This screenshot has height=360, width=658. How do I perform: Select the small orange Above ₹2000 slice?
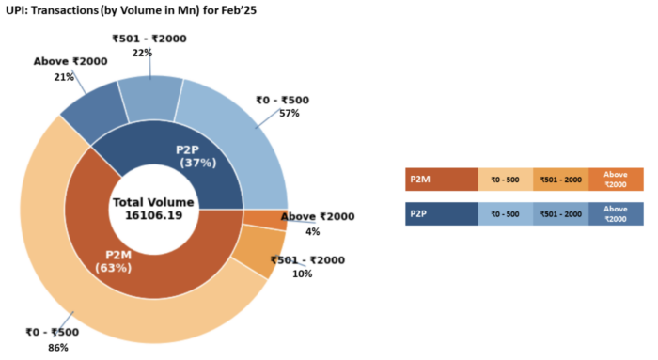coord(265,221)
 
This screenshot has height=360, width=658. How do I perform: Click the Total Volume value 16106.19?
coord(152,216)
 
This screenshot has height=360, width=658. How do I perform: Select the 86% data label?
coord(57,348)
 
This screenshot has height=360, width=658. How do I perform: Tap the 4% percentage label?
coord(313,231)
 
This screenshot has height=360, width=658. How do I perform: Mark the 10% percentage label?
coord(303,274)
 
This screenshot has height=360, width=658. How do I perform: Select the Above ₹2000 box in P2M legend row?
coord(616,179)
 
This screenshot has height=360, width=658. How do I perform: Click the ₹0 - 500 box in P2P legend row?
coord(506,214)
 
